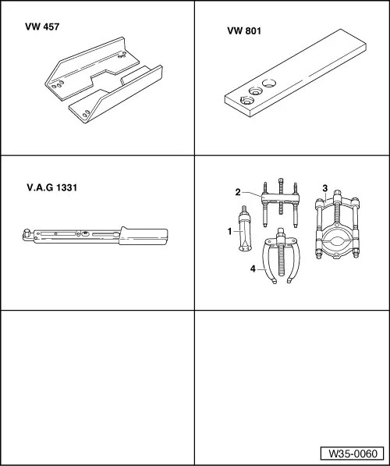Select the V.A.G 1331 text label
pos(52,188)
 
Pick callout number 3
pos(324,188)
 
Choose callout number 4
pos(252,269)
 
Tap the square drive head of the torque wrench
pos(28,232)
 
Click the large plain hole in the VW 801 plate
pos(269,83)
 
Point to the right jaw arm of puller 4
pos(294,269)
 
